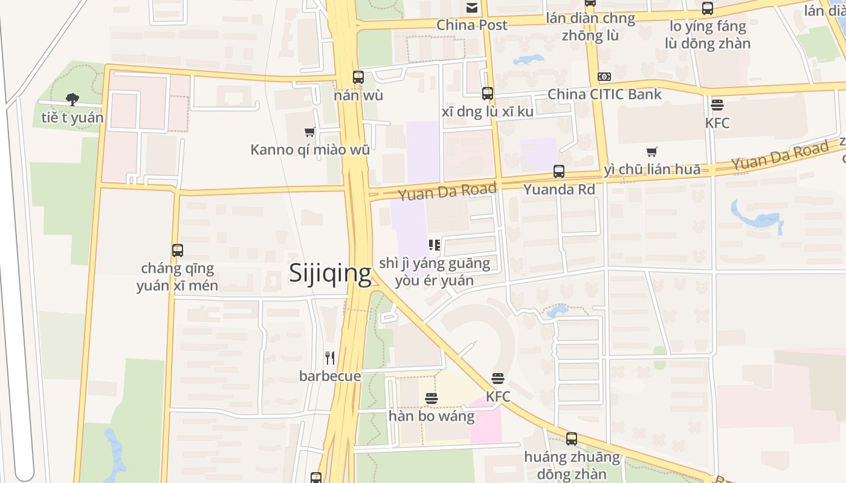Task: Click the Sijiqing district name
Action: pos(330,273)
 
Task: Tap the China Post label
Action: pos(472,25)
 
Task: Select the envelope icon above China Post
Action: pos(472,8)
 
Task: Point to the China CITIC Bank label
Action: pos(604,94)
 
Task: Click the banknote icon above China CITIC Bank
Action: pos(604,77)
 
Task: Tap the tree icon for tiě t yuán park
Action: pos(73,100)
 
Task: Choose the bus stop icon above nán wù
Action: pos(358,77)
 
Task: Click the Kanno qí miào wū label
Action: pos(310,149)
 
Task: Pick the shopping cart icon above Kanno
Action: pos(310,132)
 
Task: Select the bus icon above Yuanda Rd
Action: pos(559,171)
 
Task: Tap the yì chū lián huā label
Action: pos(652,169)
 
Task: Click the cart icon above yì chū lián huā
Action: pos(651,152)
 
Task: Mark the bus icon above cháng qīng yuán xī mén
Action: pos(177,251)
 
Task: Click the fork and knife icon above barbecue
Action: pos(330,358)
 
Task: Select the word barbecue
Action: pos(330,376)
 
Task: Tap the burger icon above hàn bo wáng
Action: pos(431,399)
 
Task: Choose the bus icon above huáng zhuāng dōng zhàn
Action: pos(572,439)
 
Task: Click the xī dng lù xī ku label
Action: pos(487,112)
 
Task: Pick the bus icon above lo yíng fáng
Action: pos(708,8)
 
